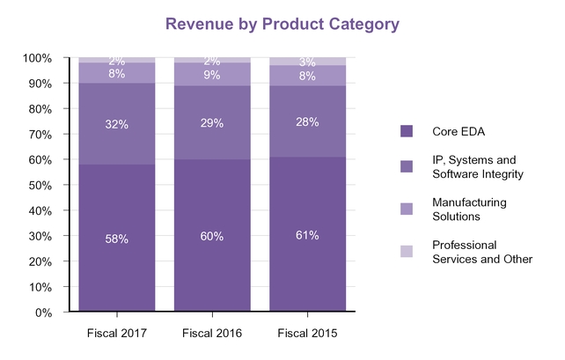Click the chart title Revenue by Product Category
click(281, 24)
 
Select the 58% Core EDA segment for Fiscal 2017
click(117, 238)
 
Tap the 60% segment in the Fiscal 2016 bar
click(212, 236)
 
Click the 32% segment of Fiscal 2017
click(117, 124)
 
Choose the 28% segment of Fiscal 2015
click(307, 121)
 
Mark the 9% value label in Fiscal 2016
click(212, 75)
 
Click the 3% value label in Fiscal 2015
click(307, 62)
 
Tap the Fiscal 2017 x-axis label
click(117, 333)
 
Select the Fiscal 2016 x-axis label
click(212, 333)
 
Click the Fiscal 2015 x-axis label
click(307, 333)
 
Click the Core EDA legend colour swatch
click(407, 131)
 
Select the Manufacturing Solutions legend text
click(469, 209)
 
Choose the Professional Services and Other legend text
click(482, 252)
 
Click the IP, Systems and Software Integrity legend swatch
click(407, 166)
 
